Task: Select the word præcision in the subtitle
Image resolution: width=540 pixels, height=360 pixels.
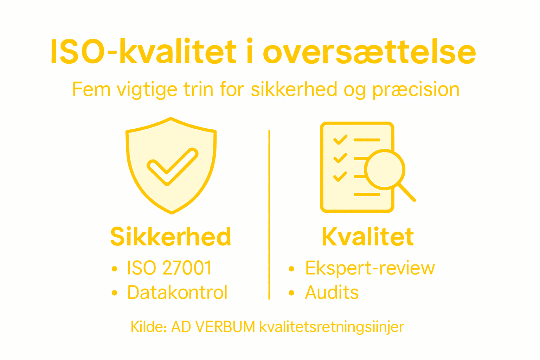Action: click(416, 90)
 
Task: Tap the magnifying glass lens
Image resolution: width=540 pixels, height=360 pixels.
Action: click(385, 169)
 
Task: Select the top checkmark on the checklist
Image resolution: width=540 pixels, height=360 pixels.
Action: click(340, 140)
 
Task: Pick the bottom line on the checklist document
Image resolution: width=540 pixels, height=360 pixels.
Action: click(367, 194)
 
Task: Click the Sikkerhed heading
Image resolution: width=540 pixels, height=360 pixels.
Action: click(171, 236)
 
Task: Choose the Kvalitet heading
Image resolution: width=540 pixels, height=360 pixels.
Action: click(368, 236)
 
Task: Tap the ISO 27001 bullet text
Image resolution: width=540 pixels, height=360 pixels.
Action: click(169, 268)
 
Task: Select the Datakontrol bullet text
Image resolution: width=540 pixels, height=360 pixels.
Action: click(178, 292)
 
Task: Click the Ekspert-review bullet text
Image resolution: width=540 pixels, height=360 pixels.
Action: click(370, 269)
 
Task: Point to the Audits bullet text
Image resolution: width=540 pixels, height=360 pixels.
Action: click(332, 292)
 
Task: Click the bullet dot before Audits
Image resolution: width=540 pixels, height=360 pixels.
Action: click(291, 293)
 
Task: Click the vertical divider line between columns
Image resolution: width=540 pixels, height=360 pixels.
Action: click(269, 214)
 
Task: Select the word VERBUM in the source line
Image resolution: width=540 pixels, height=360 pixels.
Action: click(225, 327)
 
